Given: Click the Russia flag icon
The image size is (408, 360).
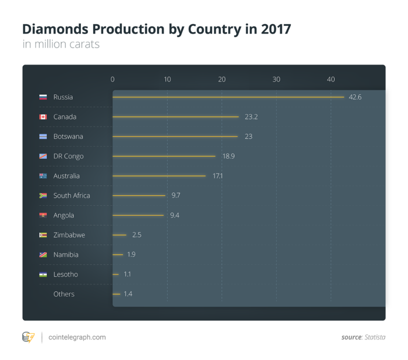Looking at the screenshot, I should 43,97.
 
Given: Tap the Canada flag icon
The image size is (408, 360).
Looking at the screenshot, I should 43,117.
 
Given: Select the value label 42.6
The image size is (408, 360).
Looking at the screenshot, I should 355,97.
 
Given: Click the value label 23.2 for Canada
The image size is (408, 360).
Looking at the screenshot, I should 251,117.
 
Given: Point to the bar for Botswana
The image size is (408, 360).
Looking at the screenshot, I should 175,137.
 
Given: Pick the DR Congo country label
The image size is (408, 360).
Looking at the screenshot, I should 68,157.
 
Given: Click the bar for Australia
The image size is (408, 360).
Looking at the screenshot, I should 159,176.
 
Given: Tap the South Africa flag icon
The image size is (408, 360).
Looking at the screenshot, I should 43,196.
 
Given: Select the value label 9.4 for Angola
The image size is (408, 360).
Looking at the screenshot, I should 175,215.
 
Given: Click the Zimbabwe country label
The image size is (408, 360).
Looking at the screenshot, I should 69,235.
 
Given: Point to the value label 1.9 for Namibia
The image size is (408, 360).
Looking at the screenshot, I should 131,254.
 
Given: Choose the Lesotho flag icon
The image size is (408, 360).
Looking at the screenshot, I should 43,274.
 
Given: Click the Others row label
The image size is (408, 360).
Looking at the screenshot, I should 64,294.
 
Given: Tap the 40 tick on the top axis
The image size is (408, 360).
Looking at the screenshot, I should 331,79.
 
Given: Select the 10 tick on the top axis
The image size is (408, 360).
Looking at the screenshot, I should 167,79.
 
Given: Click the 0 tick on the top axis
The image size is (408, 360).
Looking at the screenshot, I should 113,79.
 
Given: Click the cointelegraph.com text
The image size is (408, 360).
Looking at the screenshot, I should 78,337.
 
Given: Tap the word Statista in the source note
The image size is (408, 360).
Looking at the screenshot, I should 373,337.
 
